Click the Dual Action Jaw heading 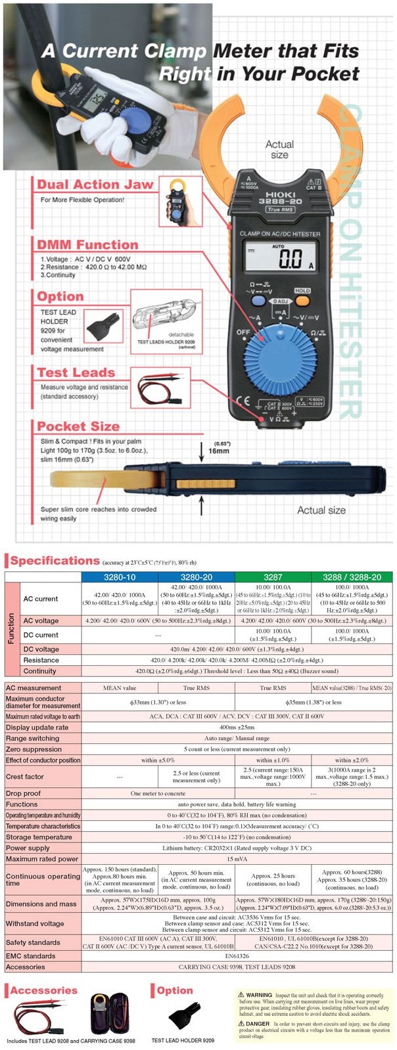[95, 185]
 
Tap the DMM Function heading [87, 245]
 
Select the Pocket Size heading [78, 426]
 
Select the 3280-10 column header [120, 577]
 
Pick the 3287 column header [273, 577]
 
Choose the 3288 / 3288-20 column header [352, 577]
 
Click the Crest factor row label [25, 776]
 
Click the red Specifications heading [55, 561]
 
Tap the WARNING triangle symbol [241, 995]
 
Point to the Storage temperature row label [39, 837]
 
